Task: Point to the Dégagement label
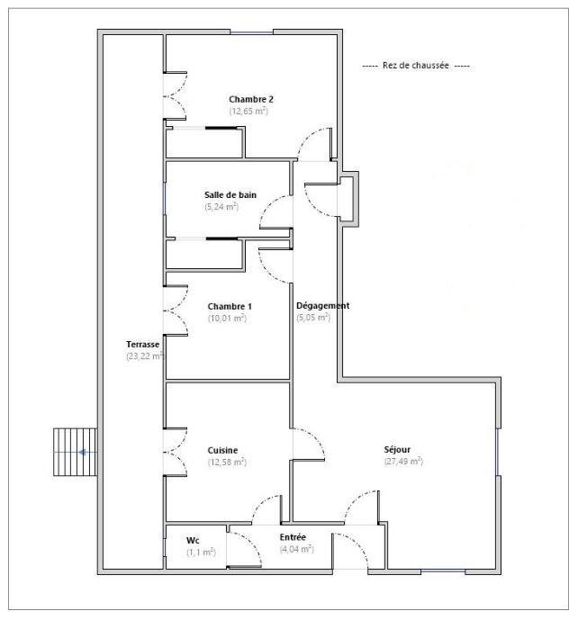[323, 306]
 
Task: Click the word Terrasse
[144, 345]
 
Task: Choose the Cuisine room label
[222, 450]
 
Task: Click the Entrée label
[294, 537]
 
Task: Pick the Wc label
[193, 541]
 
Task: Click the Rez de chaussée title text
[415, 67]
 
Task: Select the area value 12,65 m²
[249, 111]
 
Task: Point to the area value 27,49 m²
[403, 462]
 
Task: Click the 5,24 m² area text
[221, 206]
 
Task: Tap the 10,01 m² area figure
[227, 318]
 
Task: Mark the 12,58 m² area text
[227, 462]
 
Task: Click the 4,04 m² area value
[296, 549]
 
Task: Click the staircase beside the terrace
[74, 453]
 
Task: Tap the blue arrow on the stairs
[84, 453]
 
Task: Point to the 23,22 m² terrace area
[145, 356]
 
